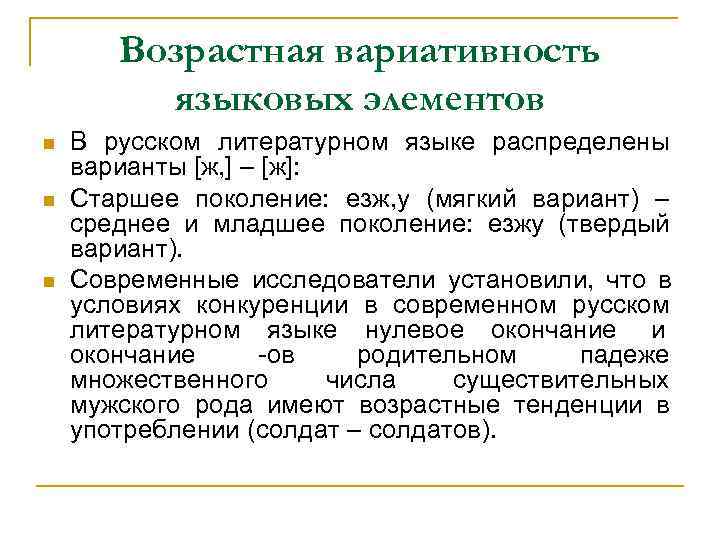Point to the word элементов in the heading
437,98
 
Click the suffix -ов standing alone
273,356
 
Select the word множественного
169,381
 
